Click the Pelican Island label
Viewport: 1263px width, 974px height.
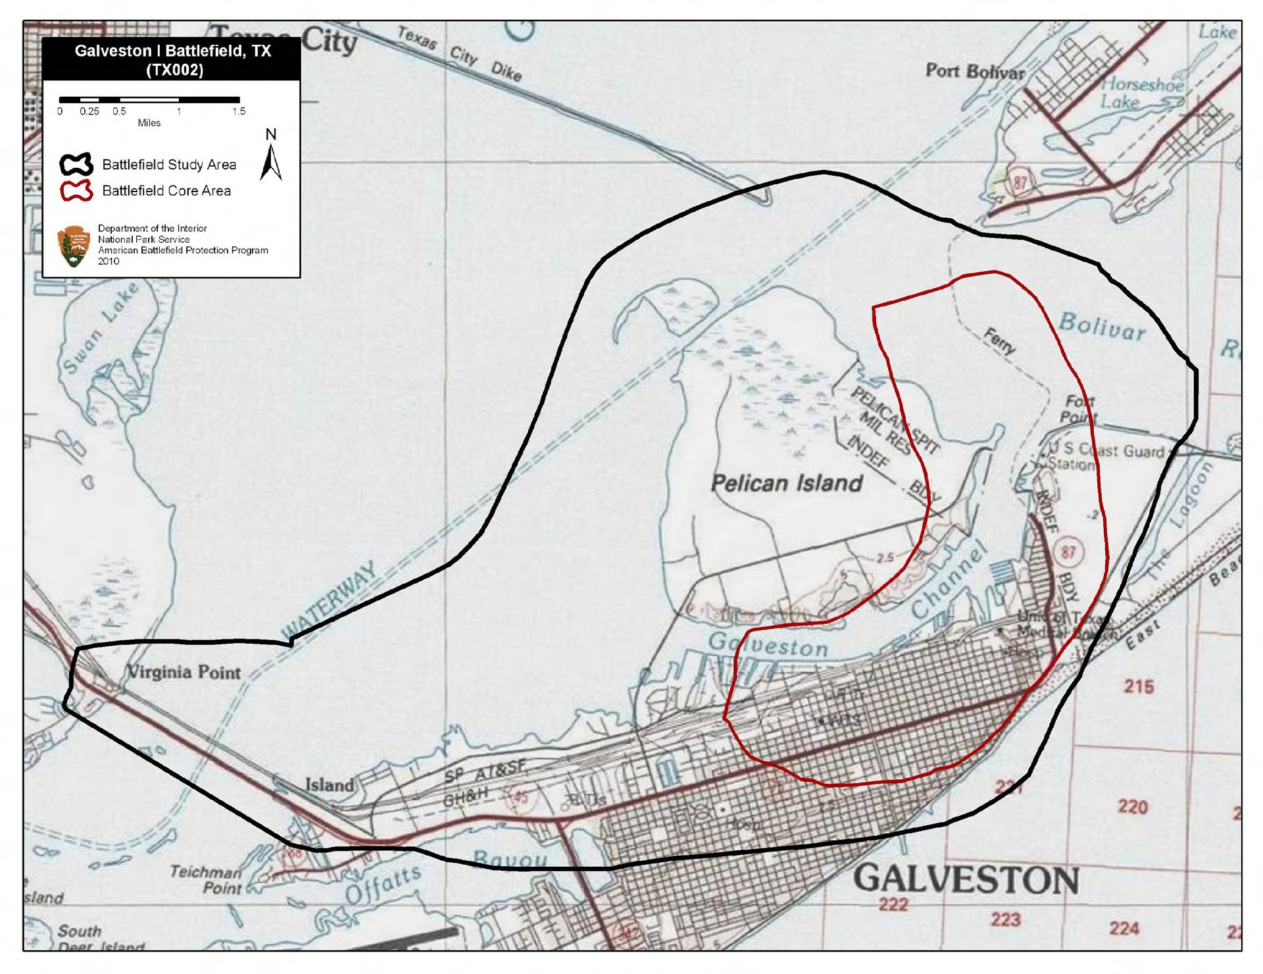pos(787,483)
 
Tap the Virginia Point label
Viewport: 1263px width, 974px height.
pos(184,672)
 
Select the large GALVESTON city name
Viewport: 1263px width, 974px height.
pos(966,880)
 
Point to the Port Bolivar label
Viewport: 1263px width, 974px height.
pos(975,71)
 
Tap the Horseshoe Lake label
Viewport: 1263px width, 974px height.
pos(1143,93)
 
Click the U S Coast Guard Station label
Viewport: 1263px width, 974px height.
pos(1104,456)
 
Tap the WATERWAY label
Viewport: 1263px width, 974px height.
pos(329,600)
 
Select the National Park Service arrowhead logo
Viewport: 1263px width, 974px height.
pos(74,246)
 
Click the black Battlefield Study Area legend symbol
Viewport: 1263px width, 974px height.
pos(76,165)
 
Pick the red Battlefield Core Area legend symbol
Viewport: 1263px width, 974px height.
pos(76,191)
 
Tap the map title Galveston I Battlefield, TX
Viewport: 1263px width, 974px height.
pos(172,59)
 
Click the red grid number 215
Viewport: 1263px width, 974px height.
pos(1139,686)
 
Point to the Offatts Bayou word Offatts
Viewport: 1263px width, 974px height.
pos(384,885)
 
